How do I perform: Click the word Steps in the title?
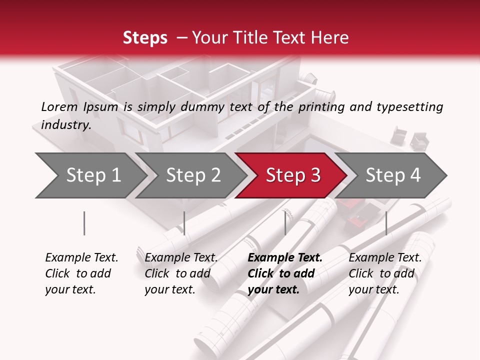click(145, 38)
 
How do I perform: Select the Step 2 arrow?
click(193, 175)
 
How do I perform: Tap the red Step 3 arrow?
click(293, 175)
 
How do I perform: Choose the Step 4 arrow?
click(393, 175)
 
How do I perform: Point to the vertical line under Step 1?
click(84, 223)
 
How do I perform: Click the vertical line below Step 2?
click(184, 223)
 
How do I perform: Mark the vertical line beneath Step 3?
click(285, 223)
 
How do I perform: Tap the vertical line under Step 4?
click(386, 223)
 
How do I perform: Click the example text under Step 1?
click(81, 273)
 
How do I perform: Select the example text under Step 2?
click(181, 273)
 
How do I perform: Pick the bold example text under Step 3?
click(284, 273)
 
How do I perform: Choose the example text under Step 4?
click(385, 273)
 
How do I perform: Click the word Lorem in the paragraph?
click(59, 106)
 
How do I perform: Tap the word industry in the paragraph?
click(65, 125)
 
